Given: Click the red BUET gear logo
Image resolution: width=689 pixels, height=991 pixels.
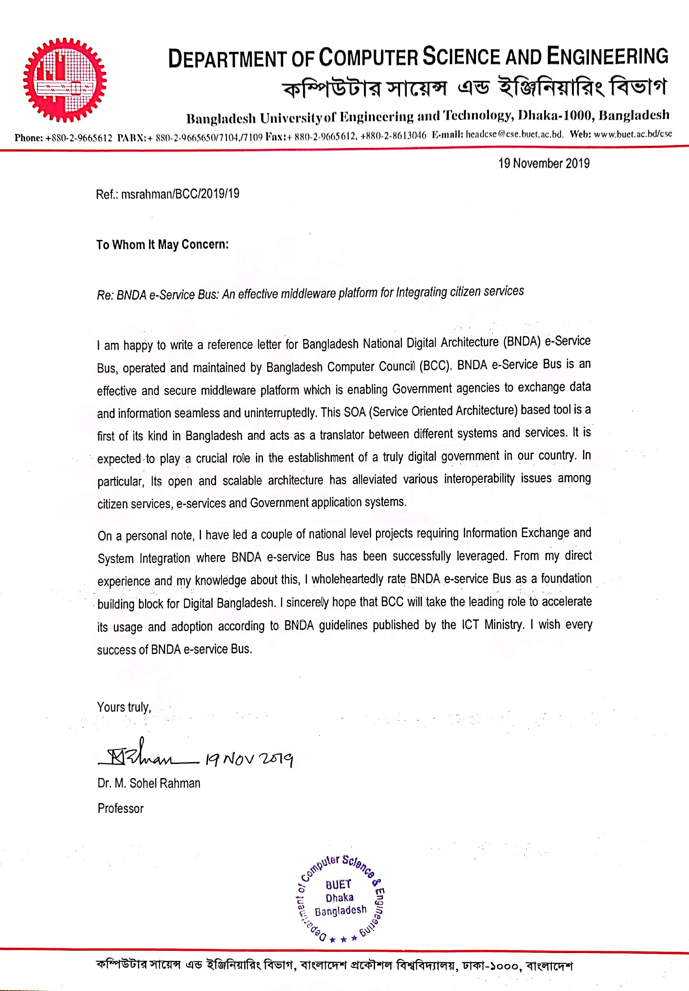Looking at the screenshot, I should (65, 80).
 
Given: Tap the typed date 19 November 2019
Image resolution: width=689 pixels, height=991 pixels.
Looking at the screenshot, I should (544, 164).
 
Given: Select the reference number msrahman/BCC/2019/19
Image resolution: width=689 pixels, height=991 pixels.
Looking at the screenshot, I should (180, 194).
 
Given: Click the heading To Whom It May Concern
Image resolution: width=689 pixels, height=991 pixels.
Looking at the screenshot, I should (162, 245).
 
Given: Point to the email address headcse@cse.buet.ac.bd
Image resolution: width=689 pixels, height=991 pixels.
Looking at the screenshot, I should (514, 135).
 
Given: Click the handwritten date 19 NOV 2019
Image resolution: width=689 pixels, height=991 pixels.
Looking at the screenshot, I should (249, 759).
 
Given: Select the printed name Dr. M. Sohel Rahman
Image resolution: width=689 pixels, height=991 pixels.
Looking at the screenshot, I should (149, 783).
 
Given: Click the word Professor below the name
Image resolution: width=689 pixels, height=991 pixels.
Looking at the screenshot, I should (120, 808).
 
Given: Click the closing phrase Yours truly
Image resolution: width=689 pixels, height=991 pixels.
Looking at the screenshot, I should (124, 707).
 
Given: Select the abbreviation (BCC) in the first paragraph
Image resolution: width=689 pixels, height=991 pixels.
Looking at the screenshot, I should (435, 366).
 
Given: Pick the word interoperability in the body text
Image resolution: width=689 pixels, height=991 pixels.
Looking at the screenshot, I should (479, 479).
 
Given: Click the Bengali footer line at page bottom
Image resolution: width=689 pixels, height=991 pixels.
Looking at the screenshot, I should (335, 965).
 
